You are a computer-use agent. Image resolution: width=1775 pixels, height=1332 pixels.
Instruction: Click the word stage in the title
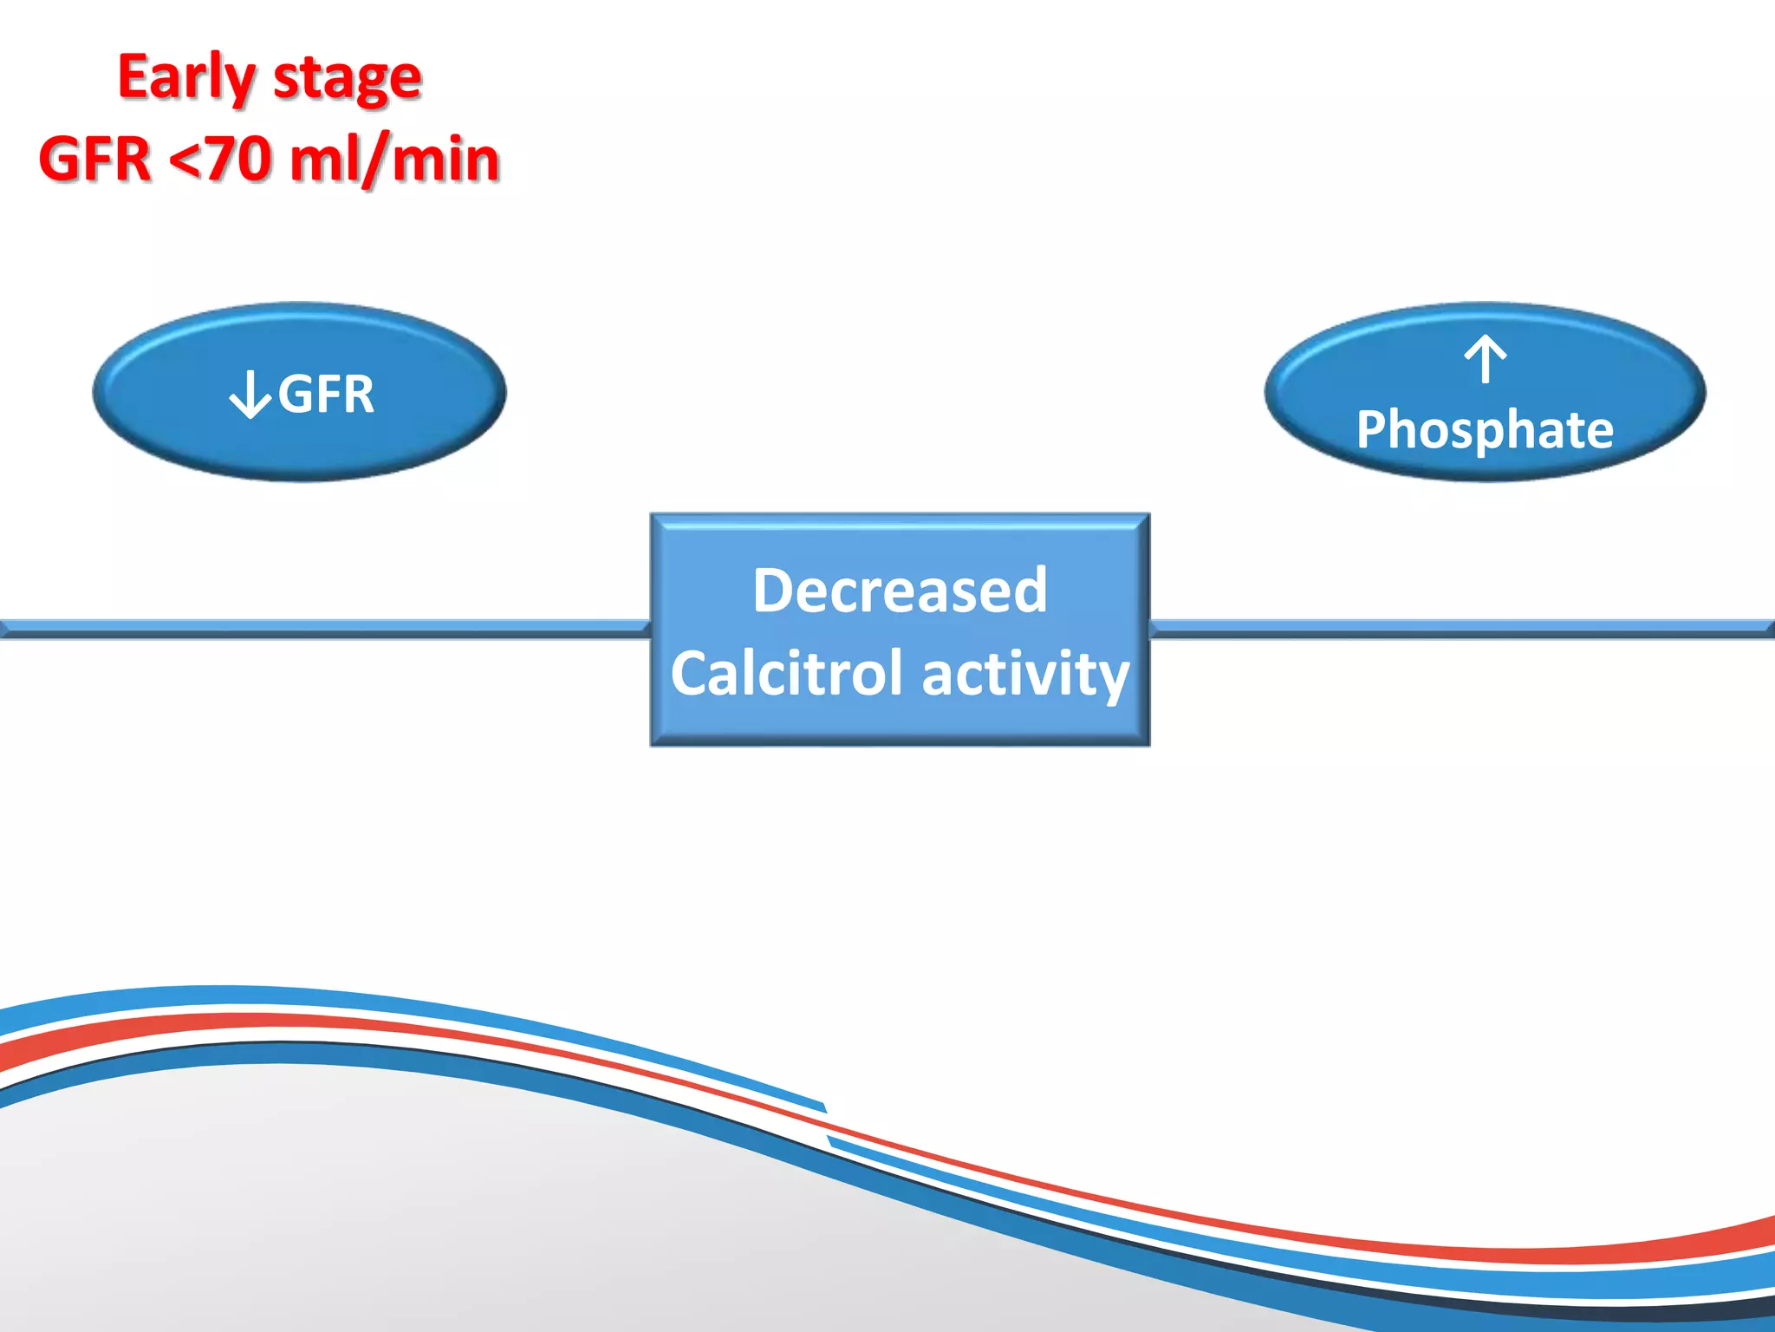point(347,80)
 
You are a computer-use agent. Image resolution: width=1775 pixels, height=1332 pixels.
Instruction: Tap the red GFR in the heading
point(94,160)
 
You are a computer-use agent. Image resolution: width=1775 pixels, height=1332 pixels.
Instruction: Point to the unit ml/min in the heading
point(394,160)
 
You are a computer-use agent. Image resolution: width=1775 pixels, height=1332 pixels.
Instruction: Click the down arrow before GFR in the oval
point(250,395)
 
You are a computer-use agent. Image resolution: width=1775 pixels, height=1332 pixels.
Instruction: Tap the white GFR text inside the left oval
point(326,395)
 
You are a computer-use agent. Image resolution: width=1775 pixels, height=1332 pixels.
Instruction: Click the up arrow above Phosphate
point(1486,359)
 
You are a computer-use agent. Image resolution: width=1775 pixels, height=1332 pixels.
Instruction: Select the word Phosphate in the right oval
point(1485,429)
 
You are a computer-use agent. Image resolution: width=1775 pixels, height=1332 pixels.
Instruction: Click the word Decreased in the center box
point(900,591)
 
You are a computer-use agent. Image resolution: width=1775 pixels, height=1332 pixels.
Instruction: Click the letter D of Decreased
point(773,591)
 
